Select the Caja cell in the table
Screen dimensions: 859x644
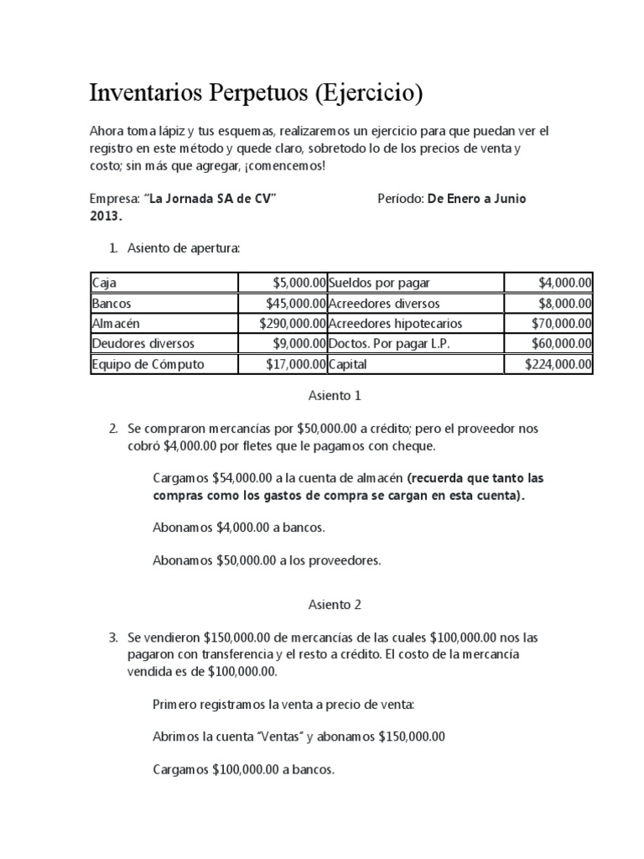pos(105,283)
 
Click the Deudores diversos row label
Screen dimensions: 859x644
pos(143,343)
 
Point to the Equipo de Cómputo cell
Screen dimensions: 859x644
pos(148,364)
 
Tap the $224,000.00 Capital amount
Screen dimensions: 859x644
pos(558,364)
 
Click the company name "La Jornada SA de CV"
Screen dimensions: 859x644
pos(211,198)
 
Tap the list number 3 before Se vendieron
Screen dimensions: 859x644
pos(113,638)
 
